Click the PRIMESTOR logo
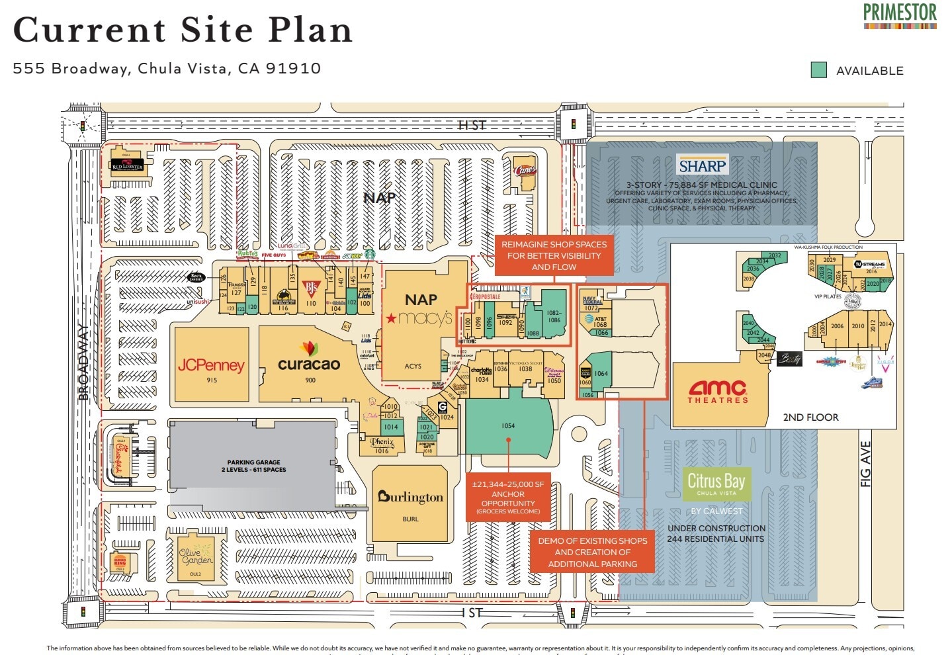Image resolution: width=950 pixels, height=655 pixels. [x=900, y=15]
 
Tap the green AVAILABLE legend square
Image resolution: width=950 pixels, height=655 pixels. [x=819, y=70]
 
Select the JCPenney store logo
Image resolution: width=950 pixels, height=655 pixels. [x=211, y=365]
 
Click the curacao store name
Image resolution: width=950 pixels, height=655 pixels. [x=309, y=363]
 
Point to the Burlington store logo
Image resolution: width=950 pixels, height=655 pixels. [x=410, y=497]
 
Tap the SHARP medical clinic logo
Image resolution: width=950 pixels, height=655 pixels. [x=702, y=165]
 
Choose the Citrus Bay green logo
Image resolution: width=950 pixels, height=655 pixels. [x=716, y=484]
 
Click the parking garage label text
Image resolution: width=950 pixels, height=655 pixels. [x=253, y=466]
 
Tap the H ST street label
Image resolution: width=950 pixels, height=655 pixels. [x=472, y=125]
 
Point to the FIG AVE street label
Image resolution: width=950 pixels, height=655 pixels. [x=865, y=464]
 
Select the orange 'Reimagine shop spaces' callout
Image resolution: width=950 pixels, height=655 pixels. [x=554, y=255]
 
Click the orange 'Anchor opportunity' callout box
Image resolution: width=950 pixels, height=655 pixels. [x=508, y=498]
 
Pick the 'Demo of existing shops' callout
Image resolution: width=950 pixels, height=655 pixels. [x=592, y=552]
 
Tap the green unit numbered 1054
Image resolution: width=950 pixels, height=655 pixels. [x=508, y=425]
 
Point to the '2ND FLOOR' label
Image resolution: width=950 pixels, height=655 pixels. [x=810, y=417]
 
